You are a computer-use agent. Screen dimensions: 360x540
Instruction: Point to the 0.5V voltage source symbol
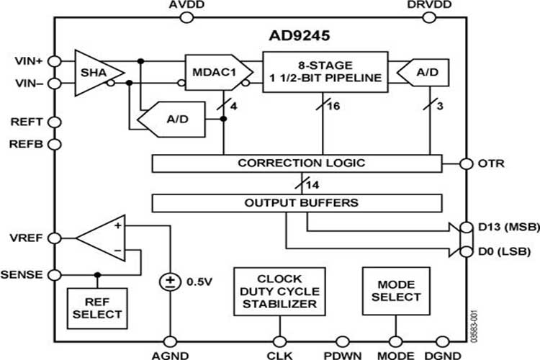point(171,281)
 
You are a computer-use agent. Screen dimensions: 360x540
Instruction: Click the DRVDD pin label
point(430,5)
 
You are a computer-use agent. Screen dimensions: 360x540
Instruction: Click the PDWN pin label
point(339,354)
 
